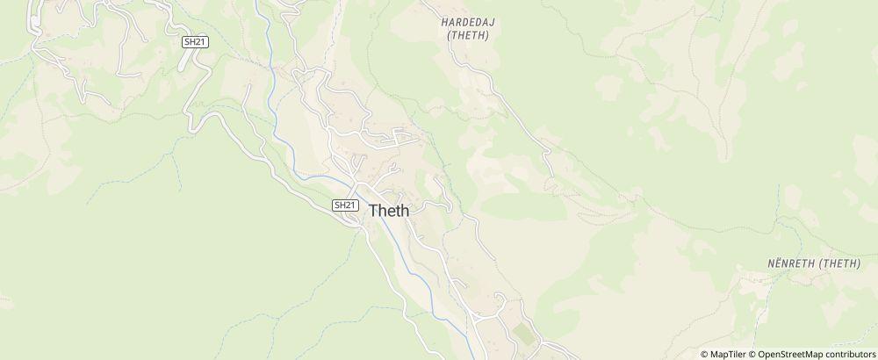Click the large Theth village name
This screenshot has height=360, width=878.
pyautogui.click(x=388, y=211)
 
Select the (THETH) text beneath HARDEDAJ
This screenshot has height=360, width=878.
pyautogui.click(x=467, y=36)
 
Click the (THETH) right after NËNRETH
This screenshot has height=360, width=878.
pyautogui.click(x=838, y=263)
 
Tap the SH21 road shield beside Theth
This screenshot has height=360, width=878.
pyautogui.click(x=346, y=205)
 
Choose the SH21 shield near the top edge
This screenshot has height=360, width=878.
pyautogui.click(x=195, y=41)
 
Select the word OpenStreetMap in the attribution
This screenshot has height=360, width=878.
pyautogui.click(x=790, y=354)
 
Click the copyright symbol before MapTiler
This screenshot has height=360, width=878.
pyautogui.click(x=705, y=354)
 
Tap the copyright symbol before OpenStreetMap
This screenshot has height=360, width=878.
pyautogui.click(x=752, y=354)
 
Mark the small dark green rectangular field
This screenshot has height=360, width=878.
pyautogui.click(x=523, y=335)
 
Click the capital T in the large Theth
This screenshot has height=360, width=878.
pyautogui.click(x=374, y=211)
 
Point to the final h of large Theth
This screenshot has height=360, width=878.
pyautogui.click(x=404, y=211)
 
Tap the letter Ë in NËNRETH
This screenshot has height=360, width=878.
pyautogui.click(x=776, y=263)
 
